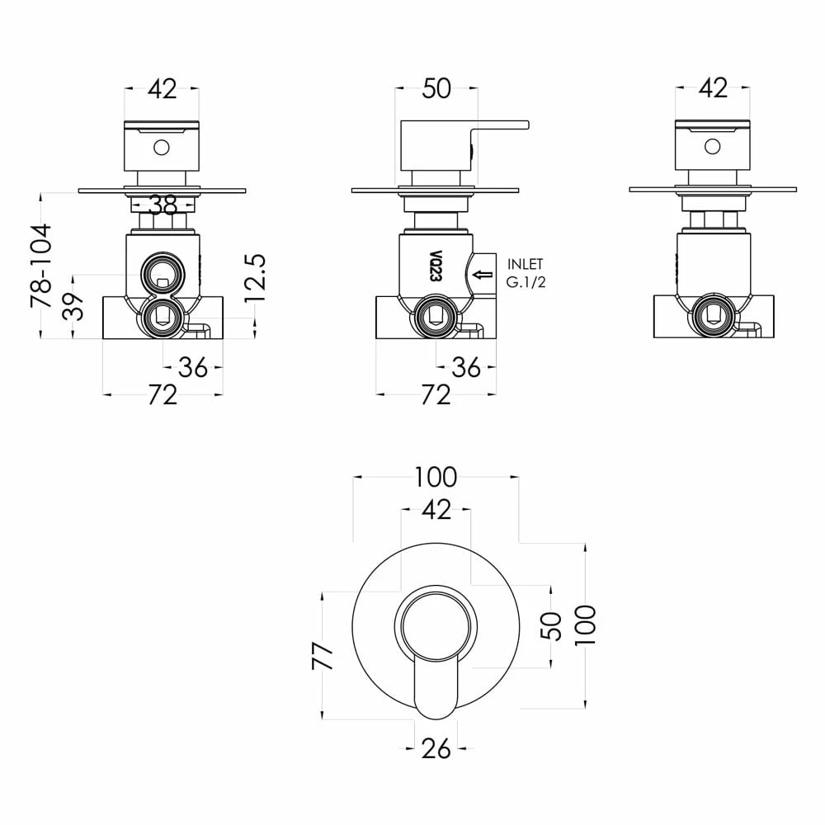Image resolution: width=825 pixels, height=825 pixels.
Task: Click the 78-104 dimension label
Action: point(41,266)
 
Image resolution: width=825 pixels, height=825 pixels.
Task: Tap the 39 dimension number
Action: point(73,306)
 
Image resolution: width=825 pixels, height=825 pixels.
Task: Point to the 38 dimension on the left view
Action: point(163,205)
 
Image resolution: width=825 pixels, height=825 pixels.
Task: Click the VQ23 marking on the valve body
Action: point(435,266)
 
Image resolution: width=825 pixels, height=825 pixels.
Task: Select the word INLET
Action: point(525,264)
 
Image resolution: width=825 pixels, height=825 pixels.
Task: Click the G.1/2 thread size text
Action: point(526,282)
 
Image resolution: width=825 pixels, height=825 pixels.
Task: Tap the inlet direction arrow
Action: point(483,274)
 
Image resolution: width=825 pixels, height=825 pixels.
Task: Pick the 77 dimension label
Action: point(323,656)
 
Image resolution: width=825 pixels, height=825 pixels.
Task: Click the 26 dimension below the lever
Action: point(436,748)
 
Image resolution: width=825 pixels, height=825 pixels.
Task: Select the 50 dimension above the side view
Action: point(436,89)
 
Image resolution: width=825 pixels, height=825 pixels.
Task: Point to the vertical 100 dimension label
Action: point(585,625)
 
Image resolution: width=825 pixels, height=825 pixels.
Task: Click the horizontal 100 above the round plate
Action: point(436,478)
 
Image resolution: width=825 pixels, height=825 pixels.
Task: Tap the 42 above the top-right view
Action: point(713,88)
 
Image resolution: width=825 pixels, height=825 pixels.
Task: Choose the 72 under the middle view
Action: point(436,394)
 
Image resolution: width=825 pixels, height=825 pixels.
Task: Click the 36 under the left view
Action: point(193,368)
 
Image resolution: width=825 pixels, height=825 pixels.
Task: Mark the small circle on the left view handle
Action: point(162,148)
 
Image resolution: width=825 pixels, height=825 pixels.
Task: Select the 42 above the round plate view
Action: point(436,510)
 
